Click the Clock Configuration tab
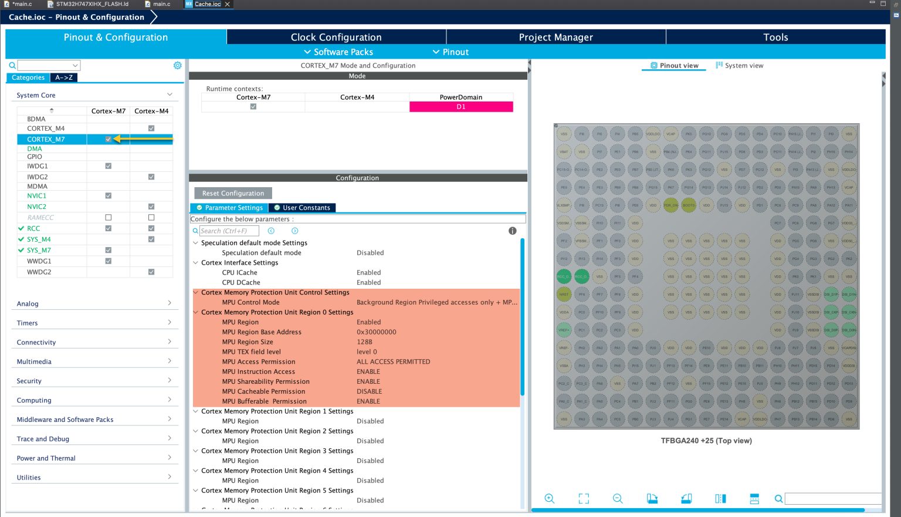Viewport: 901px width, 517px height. click(336, 37)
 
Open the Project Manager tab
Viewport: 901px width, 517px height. click(555, 37)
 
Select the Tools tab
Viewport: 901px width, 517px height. click(775, 37)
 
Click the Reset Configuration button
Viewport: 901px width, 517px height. click(233, 193)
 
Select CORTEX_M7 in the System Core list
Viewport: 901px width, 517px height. click(46, 139)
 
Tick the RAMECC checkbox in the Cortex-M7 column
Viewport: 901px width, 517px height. click(109, 217)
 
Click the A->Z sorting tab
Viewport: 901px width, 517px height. click(64, 77)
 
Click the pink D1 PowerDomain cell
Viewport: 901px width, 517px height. click(461, 107)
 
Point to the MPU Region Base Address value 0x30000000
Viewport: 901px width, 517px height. click(377, 332)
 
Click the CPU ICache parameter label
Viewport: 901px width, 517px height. click(239, 273)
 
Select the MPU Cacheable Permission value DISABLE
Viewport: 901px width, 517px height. click(369, 391)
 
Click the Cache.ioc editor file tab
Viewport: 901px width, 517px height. click(208, 4)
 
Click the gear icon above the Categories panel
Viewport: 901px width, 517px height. click(177, 66)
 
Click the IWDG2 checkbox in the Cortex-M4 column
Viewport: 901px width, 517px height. click(151, 177)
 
